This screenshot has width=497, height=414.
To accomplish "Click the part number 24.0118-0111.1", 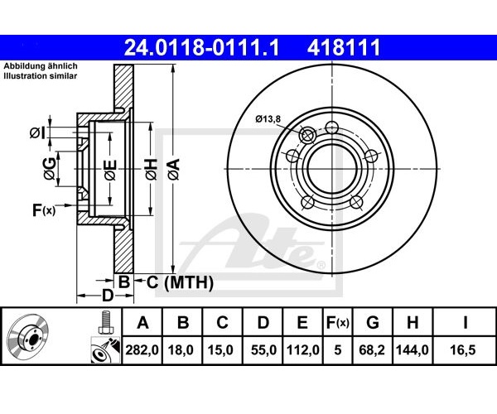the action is pyautogui.click(x=201, y=47).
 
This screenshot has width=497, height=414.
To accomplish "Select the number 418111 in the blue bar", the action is pyautogui.click(x=344, y=47).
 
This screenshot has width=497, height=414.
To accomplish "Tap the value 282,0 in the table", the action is pyautogui.click(x=142, y=350).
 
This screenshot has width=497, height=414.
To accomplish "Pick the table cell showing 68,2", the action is pyautogui.click(x=372, y=350).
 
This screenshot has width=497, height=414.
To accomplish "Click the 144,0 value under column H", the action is pyautogui.click(x=413, y=350).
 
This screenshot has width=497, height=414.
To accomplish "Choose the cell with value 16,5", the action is pyautogui.click(x=465, y=350).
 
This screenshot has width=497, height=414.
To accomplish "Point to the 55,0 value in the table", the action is pyautogui.click(x=263, y=350).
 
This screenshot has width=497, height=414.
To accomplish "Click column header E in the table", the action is pyautogui.click(x=302, y=322).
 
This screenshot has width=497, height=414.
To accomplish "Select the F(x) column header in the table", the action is pyautogui.click(x=338, y=323).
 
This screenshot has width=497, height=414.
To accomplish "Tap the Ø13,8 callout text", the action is pyautogui.click(x=268, y=119).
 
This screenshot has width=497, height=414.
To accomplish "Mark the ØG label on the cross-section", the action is pyautogui.click(x=50, y=168).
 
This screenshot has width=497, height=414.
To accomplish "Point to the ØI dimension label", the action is pyautogui.click(x=37, y=133).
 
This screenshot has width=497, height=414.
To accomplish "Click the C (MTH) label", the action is pyautogui.click(x=180, y=282).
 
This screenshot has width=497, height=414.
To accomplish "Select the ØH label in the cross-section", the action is pyautogui.click(x=152, y=169).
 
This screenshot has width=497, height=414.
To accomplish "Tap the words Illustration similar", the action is pyautogui.click(x=41, y=75).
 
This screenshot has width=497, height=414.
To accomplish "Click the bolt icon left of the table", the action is pyautogui.click(x=105, y=322).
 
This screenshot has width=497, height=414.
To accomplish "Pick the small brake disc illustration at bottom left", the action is pyautogui.click(x=28, y=337).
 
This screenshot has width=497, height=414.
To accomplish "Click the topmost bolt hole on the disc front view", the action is pyautogui.click(x=332, y=128).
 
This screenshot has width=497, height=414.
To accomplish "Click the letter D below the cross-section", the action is pyautogui.click(x=107, y=296).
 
